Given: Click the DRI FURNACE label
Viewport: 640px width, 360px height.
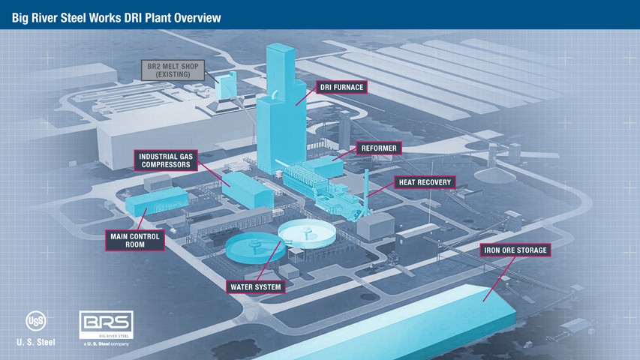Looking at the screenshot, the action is tap(341, 87).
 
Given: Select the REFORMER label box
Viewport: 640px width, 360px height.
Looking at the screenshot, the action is tap(379, 148).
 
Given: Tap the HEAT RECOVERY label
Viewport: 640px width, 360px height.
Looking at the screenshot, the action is tap(425, 182).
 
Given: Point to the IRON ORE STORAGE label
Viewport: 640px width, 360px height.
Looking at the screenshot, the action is tap(515, 250).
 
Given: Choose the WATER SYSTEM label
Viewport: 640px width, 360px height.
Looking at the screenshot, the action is tap(256, 287).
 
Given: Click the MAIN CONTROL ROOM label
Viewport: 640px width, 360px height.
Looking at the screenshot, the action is tap(135, 241).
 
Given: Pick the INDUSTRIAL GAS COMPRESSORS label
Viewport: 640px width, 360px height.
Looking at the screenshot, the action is tap(166, 160).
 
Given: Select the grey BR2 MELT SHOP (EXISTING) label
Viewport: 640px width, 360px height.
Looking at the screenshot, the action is tap(173, 70).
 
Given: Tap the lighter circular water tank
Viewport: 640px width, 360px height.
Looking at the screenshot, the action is tap(307, 233).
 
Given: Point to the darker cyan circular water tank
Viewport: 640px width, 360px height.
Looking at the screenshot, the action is tap(256, 247).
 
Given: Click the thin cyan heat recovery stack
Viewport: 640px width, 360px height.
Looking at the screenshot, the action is tap(367, 192).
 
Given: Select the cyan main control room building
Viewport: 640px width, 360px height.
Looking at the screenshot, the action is tap(157, 201).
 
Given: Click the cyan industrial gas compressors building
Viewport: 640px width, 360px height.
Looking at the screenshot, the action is tap(248, 190).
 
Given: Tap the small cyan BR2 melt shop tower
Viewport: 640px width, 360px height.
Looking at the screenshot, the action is tap(226, 85).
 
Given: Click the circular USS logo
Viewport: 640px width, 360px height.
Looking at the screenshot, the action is tap(36, 321).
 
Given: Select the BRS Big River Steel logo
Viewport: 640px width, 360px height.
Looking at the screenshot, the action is tap(106, 325).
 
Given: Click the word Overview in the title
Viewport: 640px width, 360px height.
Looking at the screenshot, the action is tap(198, 18).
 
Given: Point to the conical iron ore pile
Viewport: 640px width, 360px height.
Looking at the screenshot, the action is tap(494, 175).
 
